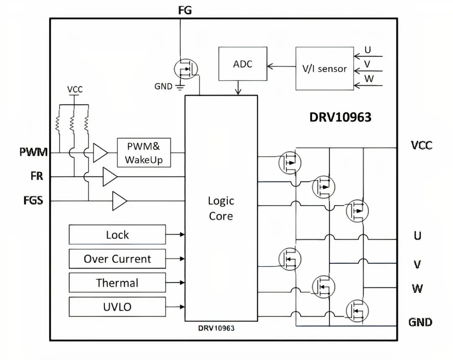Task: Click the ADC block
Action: pos(242,64)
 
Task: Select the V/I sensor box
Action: pos(324,69)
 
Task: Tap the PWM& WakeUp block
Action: pos(143,153)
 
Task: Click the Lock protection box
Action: pos(117,235)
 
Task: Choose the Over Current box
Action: pos(117,259)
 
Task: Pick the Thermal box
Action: pos(117,283)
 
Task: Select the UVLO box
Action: pos(117,307)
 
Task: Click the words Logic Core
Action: pos(221,208)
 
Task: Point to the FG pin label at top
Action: pos(185,10)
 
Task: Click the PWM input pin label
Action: pos(34,152)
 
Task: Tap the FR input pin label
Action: pos(36,176)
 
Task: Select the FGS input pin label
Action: pos(33,200)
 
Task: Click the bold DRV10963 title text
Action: pos(340,117)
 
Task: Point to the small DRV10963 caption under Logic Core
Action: pos(216,328)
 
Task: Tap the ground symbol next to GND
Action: pos(180,87)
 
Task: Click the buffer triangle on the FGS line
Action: pos(119,201)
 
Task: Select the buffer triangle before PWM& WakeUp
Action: pos(100,153)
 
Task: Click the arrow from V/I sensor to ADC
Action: pos(281,66)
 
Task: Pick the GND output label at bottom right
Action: pos(420,322)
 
